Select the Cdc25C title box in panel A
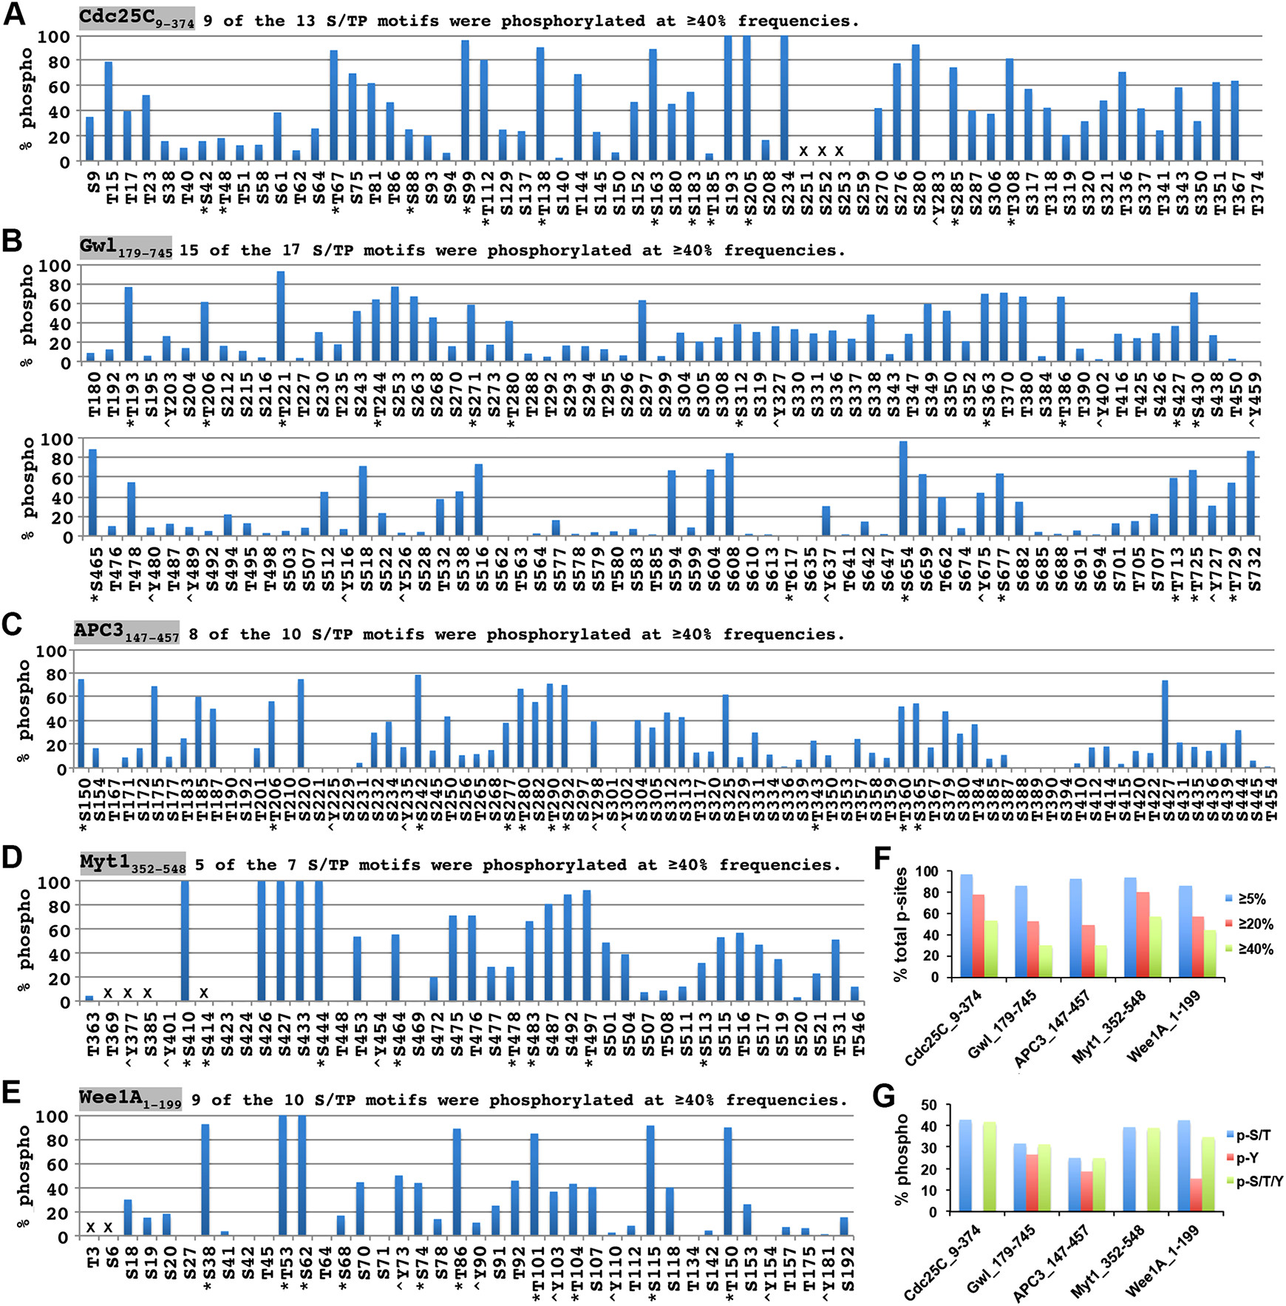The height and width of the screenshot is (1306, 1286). pos(137,18)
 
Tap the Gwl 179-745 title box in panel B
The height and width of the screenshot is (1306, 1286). pos(126,248)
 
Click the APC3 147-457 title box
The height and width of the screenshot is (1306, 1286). pos(126,632)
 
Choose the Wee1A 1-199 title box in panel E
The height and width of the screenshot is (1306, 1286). pos(130,1099)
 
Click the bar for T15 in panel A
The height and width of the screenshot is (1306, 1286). pos(109,111)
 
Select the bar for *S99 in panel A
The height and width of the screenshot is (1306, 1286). pos(465,101)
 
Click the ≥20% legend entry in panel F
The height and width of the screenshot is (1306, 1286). pos(1249,924)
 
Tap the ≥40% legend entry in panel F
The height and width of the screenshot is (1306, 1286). pos(1249,949)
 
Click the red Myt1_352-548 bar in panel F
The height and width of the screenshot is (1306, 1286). pos(1142,934)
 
